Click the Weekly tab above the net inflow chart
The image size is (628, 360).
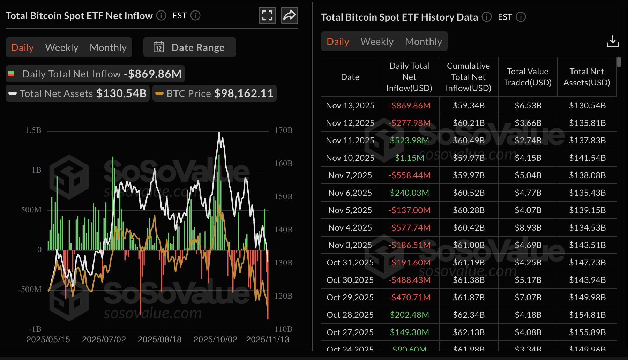coord(62,47)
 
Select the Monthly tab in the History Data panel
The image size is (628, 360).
coord(423,42)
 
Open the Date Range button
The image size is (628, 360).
coord(190,47)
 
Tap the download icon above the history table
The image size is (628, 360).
coord(612,41)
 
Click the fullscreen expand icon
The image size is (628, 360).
coord(267,15)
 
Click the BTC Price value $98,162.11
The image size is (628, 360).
coord(244,93)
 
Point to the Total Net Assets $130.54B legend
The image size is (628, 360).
coord(78,93)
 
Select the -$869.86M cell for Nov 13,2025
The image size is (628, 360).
coord(409,105)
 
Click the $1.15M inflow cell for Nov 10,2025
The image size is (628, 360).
coord(409,158)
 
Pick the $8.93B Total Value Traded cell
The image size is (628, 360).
coord(528,227)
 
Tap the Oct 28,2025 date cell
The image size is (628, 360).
coord(350,315)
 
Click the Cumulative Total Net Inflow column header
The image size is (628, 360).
coord(468,77)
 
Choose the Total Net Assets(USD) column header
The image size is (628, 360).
coord(586,77)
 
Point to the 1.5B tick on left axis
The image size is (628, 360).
coord(33,130)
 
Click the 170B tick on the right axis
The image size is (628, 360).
coord(283,130)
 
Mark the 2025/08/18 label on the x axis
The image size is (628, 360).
coord(159,339)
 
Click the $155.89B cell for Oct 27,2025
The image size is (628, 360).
coord(587,332)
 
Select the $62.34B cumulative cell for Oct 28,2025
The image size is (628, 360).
coord(469,315)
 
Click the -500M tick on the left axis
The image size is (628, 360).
coord(30,290)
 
